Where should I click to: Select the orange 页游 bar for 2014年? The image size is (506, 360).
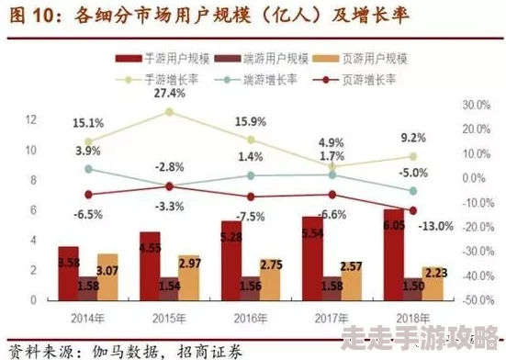[x=108, y=277]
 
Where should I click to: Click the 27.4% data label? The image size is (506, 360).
[x=170, y=94]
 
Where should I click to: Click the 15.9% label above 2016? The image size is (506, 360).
[x=250, y=121]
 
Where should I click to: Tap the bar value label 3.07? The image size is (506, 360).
[x=108, y=270]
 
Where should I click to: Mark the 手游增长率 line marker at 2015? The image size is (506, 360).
[x=169, y=112]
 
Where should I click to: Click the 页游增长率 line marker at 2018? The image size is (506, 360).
[x=412, y=210]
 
